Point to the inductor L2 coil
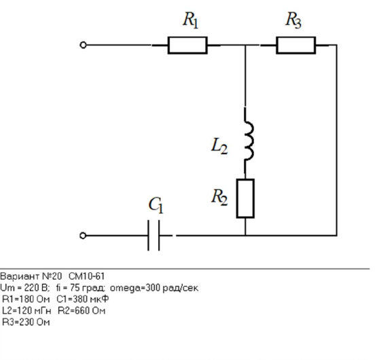tap(249, 141)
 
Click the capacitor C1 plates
tap(154, 236)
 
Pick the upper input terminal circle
tap(83, 45)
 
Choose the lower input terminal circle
tap(83, 236)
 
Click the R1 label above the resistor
tap(191, 20)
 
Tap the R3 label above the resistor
tap(293, 20)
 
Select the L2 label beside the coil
tap(219, 147)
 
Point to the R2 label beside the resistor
tap(219, 197)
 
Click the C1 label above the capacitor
tap(156, 205)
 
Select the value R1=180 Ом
tap(26, 299)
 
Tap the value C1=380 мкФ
tap(83, 299)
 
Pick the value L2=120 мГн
tap(26, 310)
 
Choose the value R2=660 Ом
tap(82, 310)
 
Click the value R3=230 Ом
tap(26, 322)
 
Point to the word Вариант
tap(20, 276)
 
